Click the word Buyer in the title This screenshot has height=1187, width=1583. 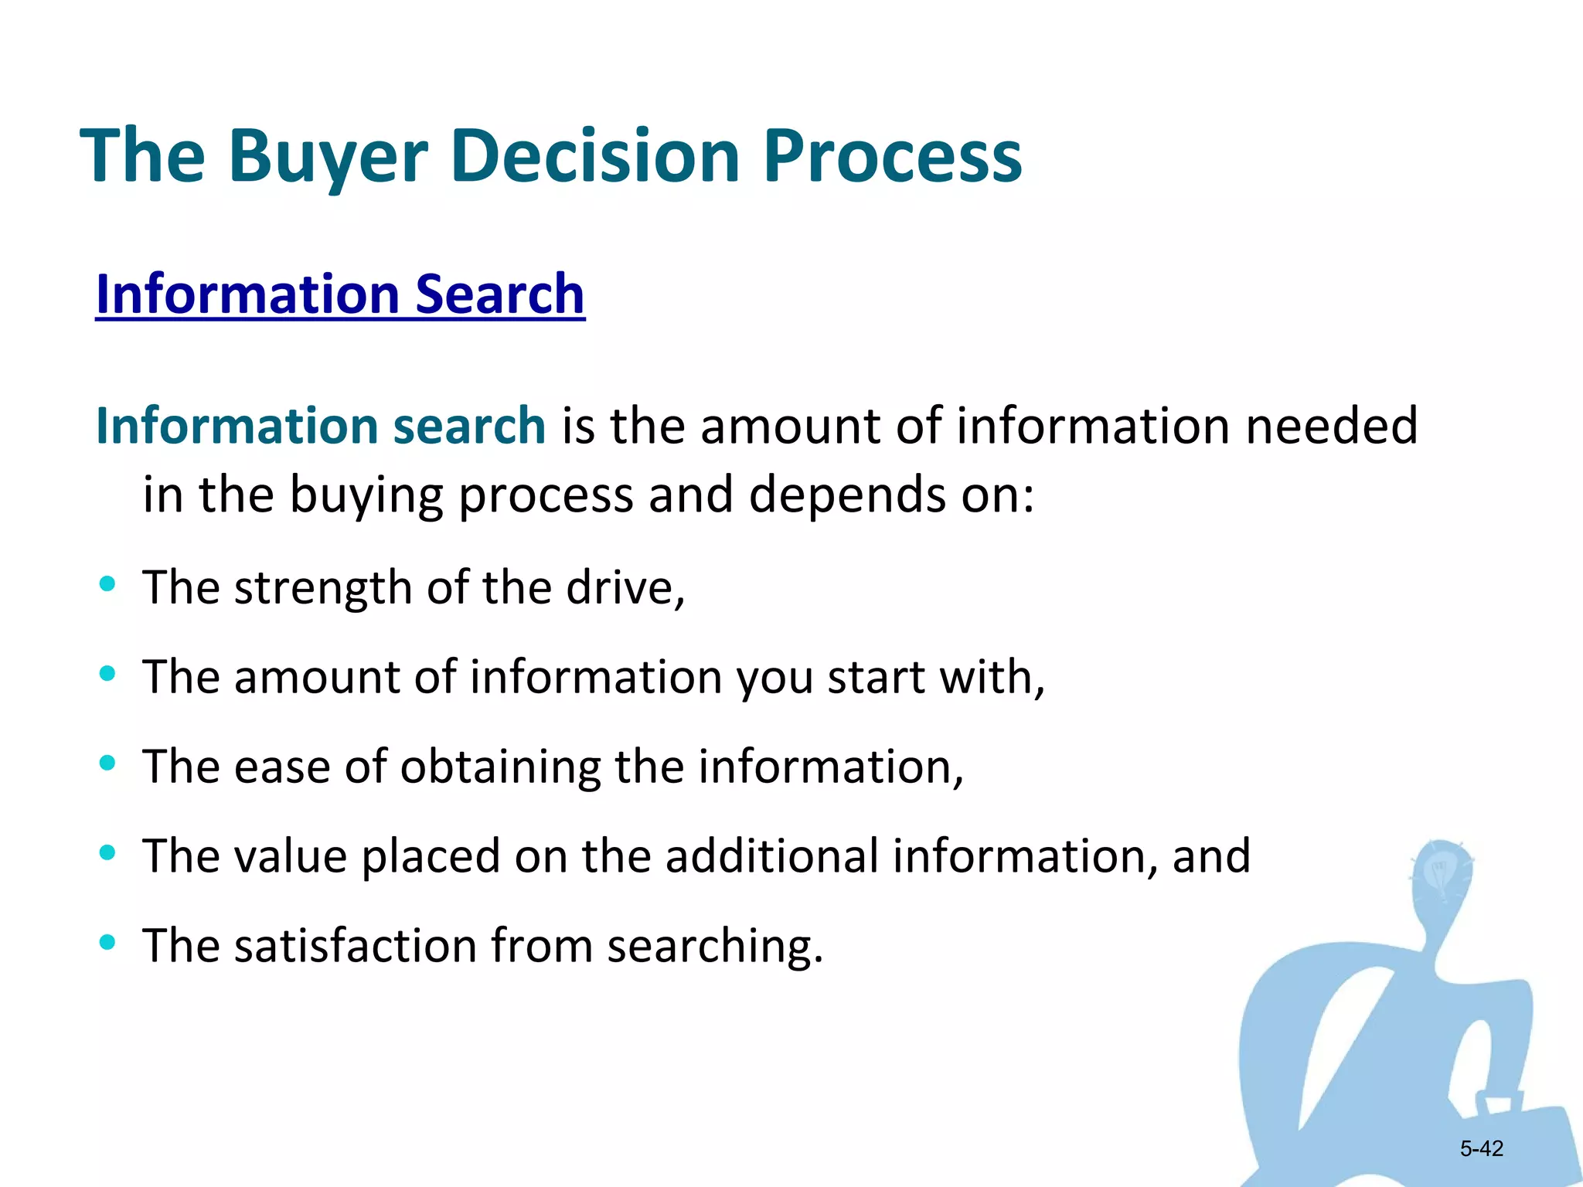pyautogui.click(x=328, y=157)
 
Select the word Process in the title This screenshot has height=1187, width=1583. pyautogui.click(x=893, y=157)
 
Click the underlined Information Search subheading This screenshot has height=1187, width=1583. pyautogui.click(x=340, y=294)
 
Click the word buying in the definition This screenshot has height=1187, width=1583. pyautogui.click(x=366, y=495)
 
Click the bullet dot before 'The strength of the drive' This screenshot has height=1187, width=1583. pyautogui.click(x=107, y=583)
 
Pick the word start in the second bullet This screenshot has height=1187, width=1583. pyautogui.click(x=876, y=677)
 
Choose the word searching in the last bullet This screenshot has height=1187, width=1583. pyautogui.click(x=714, y=946)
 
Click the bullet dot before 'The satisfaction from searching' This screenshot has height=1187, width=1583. pyautogui.click(x=107, y=942)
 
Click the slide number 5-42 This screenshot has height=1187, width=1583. pyautogui.click(x=1481, y=1148)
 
